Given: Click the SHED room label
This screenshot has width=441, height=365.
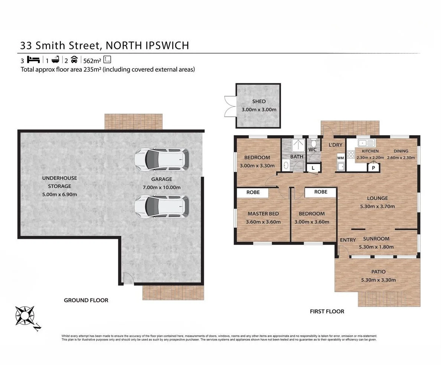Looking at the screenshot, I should (x=259, y=101).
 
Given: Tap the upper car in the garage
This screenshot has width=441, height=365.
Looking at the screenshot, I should (x=161, y=159).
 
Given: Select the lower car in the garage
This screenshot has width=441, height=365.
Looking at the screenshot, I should (x=161, y=206).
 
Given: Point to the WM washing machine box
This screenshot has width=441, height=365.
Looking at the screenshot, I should (x=340, y=158).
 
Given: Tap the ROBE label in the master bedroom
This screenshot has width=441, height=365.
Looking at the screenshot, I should (x=253, y=192).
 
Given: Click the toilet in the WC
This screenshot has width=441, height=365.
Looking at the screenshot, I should (x=313, y=143).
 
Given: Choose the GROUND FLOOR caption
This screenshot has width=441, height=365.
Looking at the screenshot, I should (x=86, y=300).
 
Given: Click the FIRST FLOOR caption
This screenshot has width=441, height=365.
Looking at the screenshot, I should (x=327, y=312).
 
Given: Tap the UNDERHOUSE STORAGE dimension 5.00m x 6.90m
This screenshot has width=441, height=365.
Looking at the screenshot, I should (x=59, y=195).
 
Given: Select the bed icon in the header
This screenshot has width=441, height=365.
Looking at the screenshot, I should (x=34, y=59).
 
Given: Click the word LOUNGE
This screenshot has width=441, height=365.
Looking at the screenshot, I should (x=377, y=198).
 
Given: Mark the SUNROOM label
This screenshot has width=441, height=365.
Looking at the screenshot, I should (x=376, y=239).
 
